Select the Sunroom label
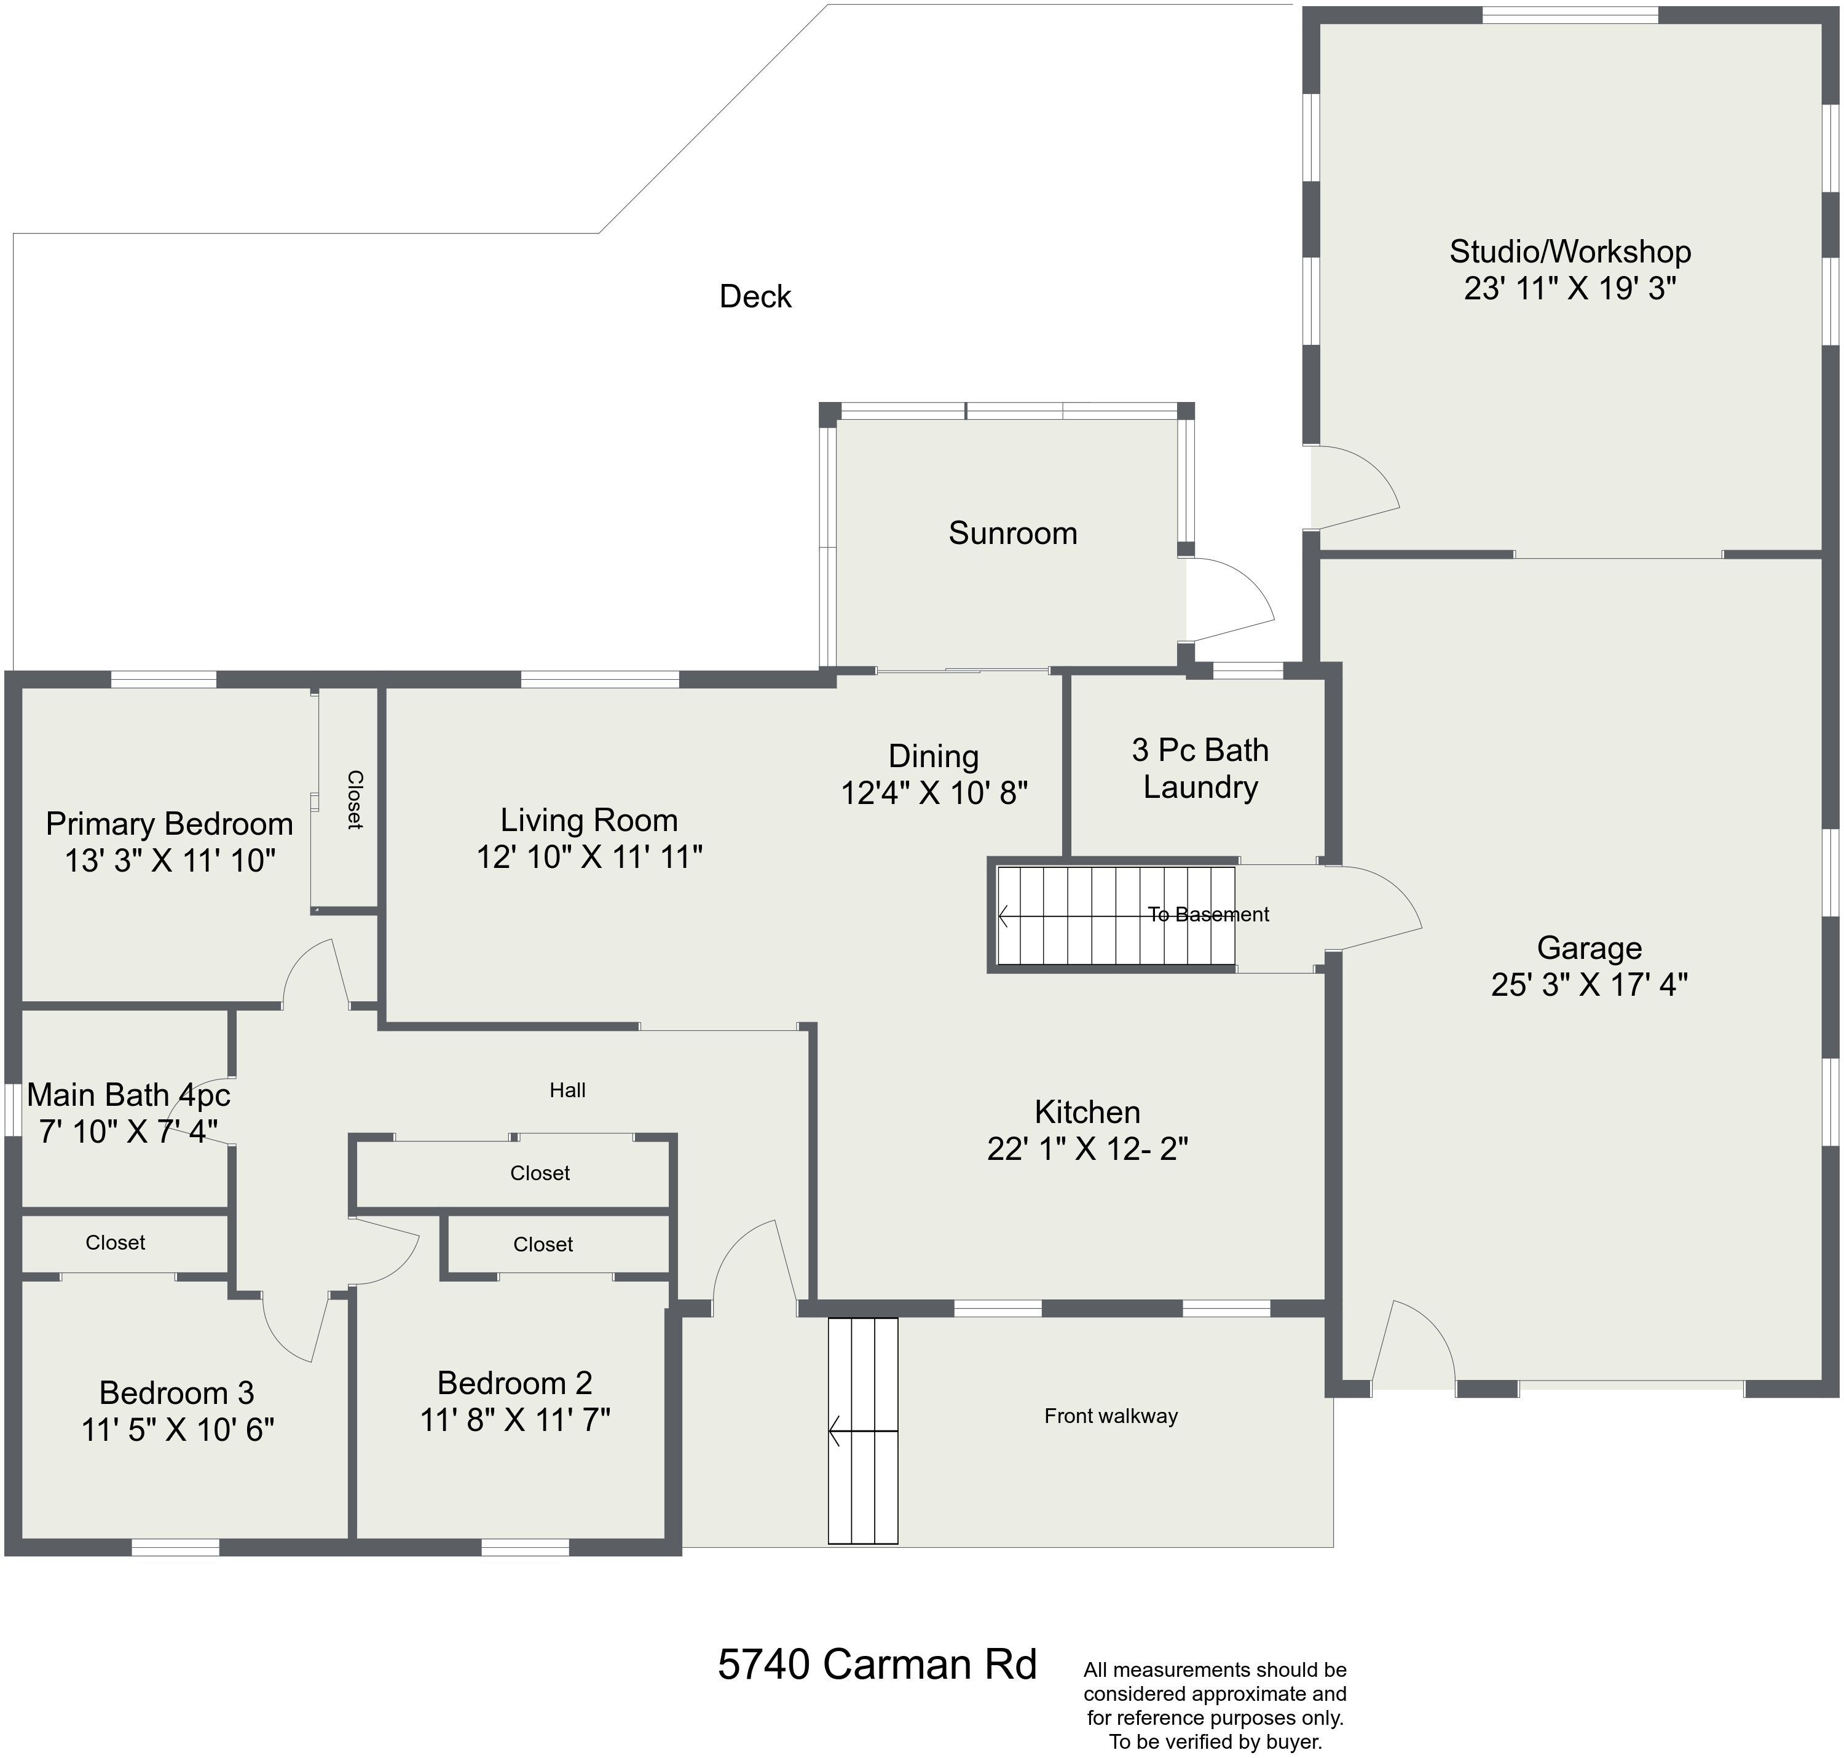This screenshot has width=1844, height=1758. (x=1013, y=532)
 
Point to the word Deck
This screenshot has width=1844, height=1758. (x=755, y=296)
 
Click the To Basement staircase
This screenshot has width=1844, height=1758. (x=1115, y=915)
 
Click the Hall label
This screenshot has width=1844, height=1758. (x=568, y=1090)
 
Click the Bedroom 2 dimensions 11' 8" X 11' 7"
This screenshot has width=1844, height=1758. (x=514, y=1420)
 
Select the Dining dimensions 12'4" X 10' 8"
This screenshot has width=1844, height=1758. (x=934, y=793)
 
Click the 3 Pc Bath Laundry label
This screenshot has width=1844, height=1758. (x=1200, y=768)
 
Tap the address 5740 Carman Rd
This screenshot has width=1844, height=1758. (x=877, y=1665)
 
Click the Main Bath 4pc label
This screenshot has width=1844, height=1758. (x=128, y=1095)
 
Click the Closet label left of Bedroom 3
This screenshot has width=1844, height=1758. (x=116, y=1243)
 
